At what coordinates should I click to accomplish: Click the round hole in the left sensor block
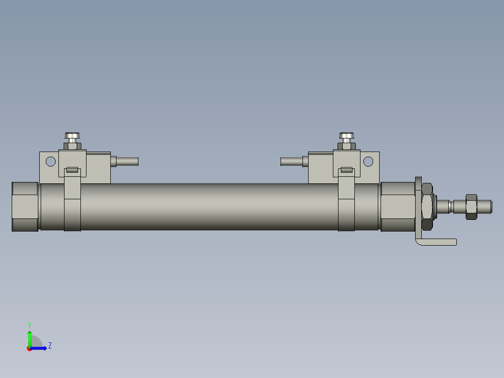pos(50,162)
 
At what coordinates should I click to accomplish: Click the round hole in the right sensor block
pos(368,161)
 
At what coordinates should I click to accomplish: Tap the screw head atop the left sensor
pos(72,137)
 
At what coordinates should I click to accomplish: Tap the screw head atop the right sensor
pos(346,137)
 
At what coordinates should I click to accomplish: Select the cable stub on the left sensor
pos(126,161)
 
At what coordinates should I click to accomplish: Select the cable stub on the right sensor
pos(292,161)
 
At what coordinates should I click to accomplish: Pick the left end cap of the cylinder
pos(25,207)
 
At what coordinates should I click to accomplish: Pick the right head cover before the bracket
pos(397,207)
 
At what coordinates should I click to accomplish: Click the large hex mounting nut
pos(427,207)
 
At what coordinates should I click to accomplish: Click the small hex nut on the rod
pos(471,206)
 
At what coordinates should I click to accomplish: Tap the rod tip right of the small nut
pos(485,205)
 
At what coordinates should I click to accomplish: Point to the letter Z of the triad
pos(50,346)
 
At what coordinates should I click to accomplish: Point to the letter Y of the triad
pos(29,325)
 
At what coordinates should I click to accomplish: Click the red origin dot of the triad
pos(29,349)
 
